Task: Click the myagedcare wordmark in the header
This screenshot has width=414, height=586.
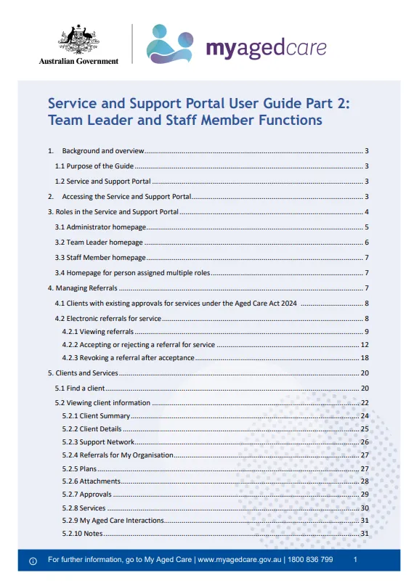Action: tap(266, 48)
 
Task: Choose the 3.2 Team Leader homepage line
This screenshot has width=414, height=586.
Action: tap(99, 242)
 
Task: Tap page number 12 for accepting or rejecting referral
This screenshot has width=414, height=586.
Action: tap(365, 344)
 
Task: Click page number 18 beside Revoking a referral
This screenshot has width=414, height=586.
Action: tap(365, 357)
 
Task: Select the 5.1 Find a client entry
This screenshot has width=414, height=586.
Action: tap(81, 388)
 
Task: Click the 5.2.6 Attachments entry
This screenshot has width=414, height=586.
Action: tap(91, 481)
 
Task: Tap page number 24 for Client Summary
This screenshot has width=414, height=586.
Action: tap(365, 415)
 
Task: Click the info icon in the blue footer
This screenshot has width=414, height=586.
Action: tap(33, 561)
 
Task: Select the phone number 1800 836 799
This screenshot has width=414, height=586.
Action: tap(312, 560)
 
